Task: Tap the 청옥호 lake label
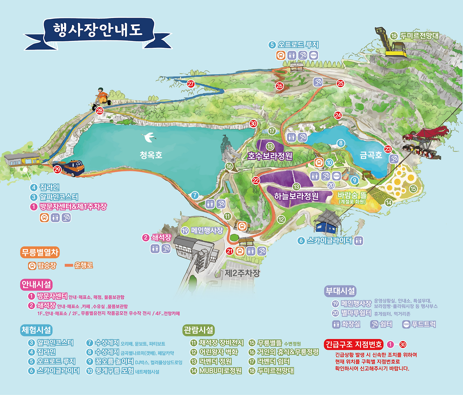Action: (151, 155)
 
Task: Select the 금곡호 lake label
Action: (371, 155)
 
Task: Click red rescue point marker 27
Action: (191, 84)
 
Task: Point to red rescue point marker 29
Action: (57, 169)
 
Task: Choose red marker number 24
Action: (338, 115)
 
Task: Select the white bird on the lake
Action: (149, 137)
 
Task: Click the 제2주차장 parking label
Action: (242, 273)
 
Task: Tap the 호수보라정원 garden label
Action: (270, 156)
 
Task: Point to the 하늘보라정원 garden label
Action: (296, 196)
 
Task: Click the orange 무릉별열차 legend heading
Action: (39, 252)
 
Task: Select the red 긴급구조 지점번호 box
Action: (353, 344)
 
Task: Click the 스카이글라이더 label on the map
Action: (329, 241)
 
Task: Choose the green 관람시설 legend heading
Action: (199, 330)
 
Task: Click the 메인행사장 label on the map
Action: (207, 230)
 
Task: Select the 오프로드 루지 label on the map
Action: (298, 45)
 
